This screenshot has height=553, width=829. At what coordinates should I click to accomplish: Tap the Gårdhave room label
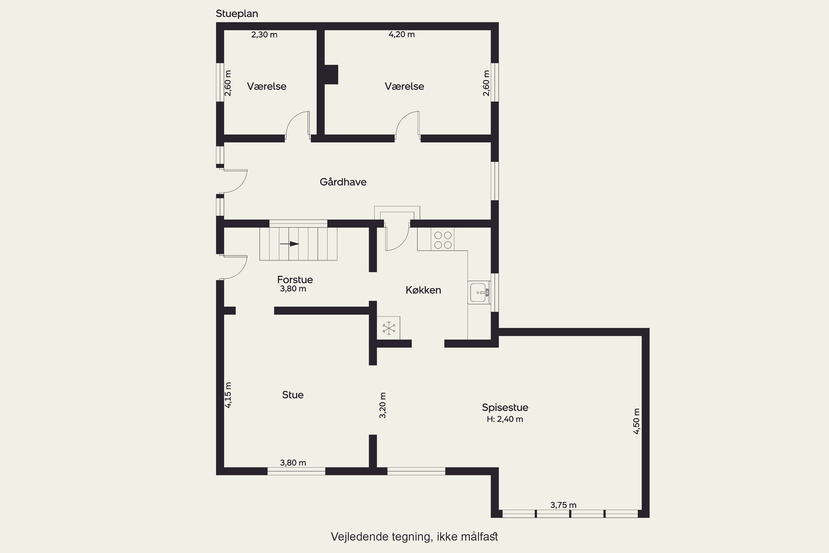click(343, 182)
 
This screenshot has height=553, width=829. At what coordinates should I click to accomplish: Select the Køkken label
click(423, 290)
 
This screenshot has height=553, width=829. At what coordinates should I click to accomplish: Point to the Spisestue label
click(505, 407)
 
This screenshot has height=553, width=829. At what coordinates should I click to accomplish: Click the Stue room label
click(293, 395)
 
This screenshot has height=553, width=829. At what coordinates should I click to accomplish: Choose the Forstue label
click(295, 280)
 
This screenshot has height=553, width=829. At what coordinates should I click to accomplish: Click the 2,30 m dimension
click(264, 35)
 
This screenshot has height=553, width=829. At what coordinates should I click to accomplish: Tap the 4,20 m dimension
click(402, 34)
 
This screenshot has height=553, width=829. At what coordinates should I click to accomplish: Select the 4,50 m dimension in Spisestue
click(636, 421)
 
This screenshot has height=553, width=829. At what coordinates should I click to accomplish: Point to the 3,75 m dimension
click(563, 505)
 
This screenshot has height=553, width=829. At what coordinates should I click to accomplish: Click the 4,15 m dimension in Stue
click(228, 395)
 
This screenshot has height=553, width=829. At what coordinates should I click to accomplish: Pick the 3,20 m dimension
click(382, 405)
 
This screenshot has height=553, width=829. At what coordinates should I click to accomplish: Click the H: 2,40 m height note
click(505, 419)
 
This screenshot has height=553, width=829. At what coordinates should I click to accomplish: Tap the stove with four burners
click(443, 240)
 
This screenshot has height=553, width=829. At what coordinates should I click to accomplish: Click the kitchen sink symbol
click(479, 292)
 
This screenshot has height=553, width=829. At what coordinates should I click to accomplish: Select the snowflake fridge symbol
click(389, 328)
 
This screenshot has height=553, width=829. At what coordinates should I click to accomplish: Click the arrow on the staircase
click(290, 244)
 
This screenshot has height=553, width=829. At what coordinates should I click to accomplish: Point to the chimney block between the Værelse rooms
click(331, 74)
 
